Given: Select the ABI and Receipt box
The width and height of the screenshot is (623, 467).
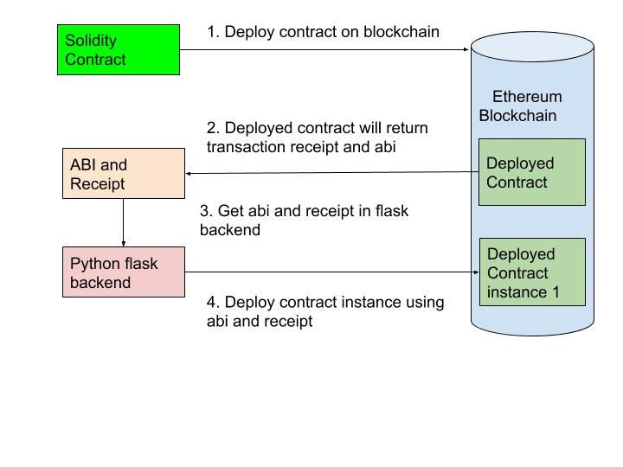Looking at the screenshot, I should coord(124,174).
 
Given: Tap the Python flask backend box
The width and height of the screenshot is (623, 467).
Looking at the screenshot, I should coord(124,272).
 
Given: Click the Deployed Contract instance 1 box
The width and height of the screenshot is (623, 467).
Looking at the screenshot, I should coord(532,272).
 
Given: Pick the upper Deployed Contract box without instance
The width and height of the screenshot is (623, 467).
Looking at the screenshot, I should coord(532,172).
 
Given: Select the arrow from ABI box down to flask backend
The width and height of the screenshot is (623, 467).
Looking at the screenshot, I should coord(124,222).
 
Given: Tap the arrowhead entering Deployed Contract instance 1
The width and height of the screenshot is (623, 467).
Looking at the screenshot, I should coord(475,272).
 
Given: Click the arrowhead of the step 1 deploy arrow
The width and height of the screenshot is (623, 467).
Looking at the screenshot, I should coord(466,50).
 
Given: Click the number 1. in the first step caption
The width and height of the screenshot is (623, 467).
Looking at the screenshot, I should coord(213,32).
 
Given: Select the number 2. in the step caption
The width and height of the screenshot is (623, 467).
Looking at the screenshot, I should coord(213,128).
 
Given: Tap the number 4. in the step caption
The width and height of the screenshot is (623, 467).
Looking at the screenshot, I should coord(213,303).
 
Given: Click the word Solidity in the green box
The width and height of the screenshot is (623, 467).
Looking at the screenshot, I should coord(91,41).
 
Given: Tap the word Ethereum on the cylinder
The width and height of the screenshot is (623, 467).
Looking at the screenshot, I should coord(527,97).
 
